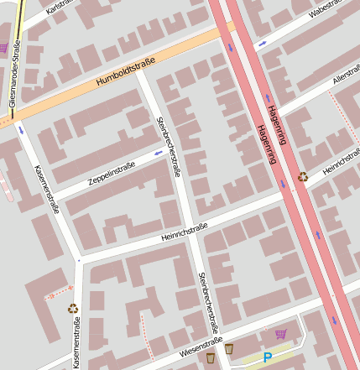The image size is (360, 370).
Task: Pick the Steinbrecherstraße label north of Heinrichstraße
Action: (x=168, y=147)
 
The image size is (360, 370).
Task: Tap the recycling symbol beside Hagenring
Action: (x=303, y=176)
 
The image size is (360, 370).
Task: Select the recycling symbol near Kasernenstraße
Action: (x=72, y=308)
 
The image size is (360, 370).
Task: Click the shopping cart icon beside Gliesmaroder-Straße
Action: (x=3, y=48)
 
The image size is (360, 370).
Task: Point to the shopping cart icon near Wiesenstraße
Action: (x=279, y=334)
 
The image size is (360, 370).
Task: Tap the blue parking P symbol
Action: (x=267, y=357)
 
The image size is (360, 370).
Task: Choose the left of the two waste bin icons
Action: (x=210, y=357)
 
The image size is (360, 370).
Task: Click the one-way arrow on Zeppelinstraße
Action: (x=158, y=154)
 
